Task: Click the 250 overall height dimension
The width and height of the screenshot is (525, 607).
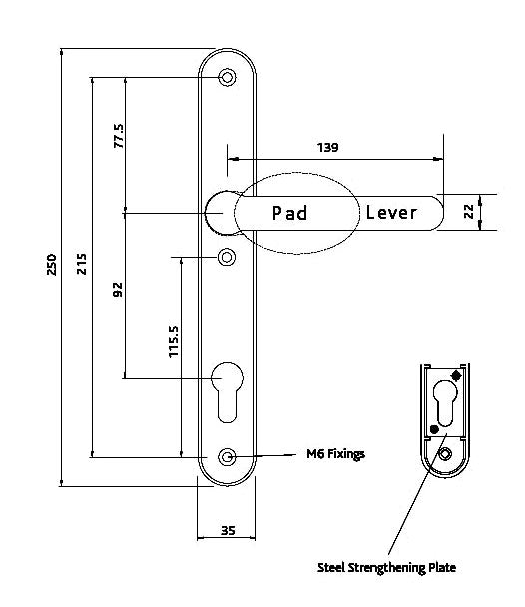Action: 52,264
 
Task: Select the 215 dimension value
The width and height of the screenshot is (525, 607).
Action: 82,264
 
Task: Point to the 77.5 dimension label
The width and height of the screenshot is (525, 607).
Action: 118,137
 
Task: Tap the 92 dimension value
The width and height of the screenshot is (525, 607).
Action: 118,291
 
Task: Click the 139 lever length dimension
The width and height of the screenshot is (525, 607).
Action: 327,147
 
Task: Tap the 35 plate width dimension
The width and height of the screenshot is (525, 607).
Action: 227,531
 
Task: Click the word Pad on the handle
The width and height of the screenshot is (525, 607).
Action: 290,213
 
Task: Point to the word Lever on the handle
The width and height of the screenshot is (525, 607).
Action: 391,213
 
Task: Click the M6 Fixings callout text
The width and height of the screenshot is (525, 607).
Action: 334,454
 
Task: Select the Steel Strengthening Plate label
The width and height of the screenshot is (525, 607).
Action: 387,567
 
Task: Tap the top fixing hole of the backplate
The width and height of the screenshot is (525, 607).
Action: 228,77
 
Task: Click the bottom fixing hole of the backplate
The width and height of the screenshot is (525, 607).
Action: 228,457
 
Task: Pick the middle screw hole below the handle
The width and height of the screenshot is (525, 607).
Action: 228,258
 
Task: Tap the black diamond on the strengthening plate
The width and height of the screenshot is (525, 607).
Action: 456,376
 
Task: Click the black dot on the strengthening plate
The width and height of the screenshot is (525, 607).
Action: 433,429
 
